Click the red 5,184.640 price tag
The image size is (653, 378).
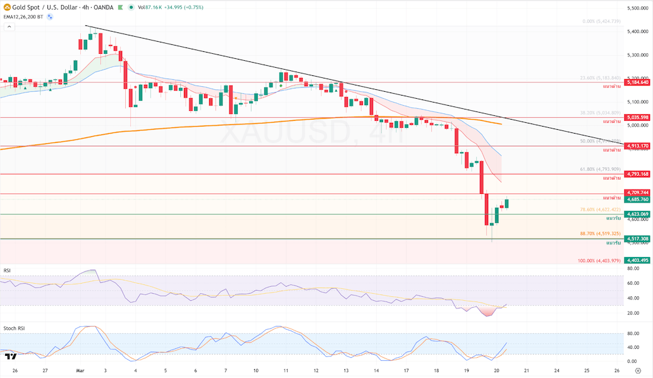tap(637, 82)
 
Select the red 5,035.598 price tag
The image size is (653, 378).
tap(637, 117)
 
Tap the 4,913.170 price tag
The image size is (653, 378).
tap(637, 146)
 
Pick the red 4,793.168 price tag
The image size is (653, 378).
tap(637, 174)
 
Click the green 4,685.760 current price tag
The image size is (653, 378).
tap(637, 199)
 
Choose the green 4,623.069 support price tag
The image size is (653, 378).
tap(637, 214)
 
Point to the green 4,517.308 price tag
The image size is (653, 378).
tap(637, 239)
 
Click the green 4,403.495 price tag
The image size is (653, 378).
tap(637, 260)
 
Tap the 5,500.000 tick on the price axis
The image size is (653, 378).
tap(637, 8)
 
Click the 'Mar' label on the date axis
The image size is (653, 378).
tap(80, 370)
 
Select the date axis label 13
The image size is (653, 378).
tap(346, 370)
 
